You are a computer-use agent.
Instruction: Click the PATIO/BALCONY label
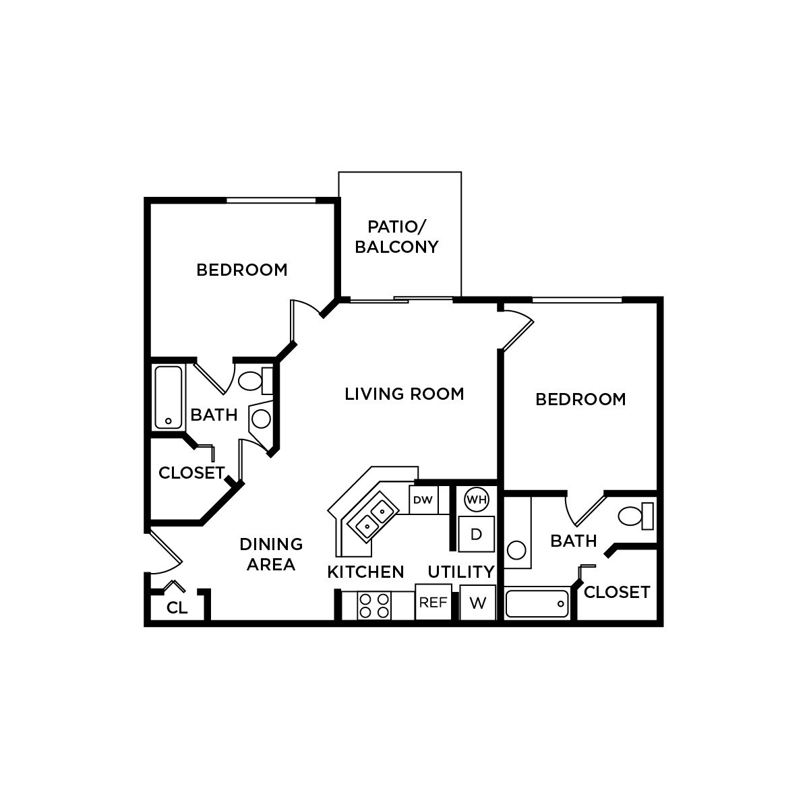pyautogui.click(x=396, y=236)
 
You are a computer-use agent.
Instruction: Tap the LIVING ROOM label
pyautogui.click(x=404, y=394)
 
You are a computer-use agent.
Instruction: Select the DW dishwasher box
pyautogui.click(x=423, y=500)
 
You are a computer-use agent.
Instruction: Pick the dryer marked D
pyautogui.click(x=477, y=535)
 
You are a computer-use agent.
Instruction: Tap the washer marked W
pyautogui.click(x=478, y=603)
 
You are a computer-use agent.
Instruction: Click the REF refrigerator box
pyautogui.click(x=433, y=603)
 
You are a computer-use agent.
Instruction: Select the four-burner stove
pyautogui.click(x=374, y=605)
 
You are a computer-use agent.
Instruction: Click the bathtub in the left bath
pyautogui.click(x=169, y=398)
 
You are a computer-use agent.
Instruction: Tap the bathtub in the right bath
pyautogui.click(x=537, y=604)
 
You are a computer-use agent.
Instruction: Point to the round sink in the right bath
pyautogui.click(x=516, y=550)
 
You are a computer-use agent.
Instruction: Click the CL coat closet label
pyautogui.click(x=177, y=608)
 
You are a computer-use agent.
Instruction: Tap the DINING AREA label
pyautogui.click(x=271, y=554)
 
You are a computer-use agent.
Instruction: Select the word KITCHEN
pyautogui.click(x=365, y=572)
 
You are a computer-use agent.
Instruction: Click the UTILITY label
pyautogui.click(x=461, y=572)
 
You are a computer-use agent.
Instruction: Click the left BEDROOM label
pyautogui.click(x=242, y=270)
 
